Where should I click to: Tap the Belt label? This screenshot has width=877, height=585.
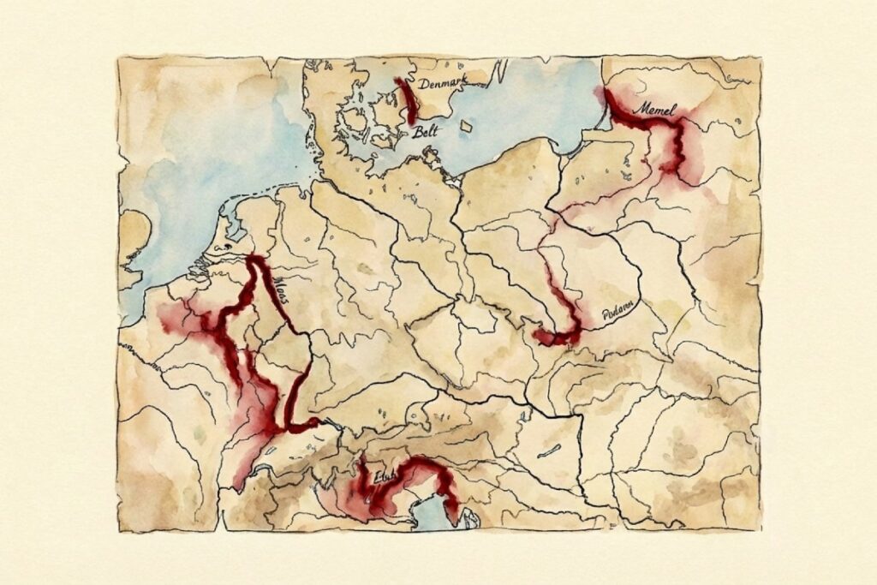point(424,133)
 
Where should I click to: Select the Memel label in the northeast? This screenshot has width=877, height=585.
point(655,110)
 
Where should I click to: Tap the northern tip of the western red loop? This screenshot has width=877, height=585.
point(254,260)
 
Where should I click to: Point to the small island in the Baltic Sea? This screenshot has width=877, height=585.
point(465,126)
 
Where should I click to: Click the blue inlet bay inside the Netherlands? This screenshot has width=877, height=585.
point(225,231)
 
